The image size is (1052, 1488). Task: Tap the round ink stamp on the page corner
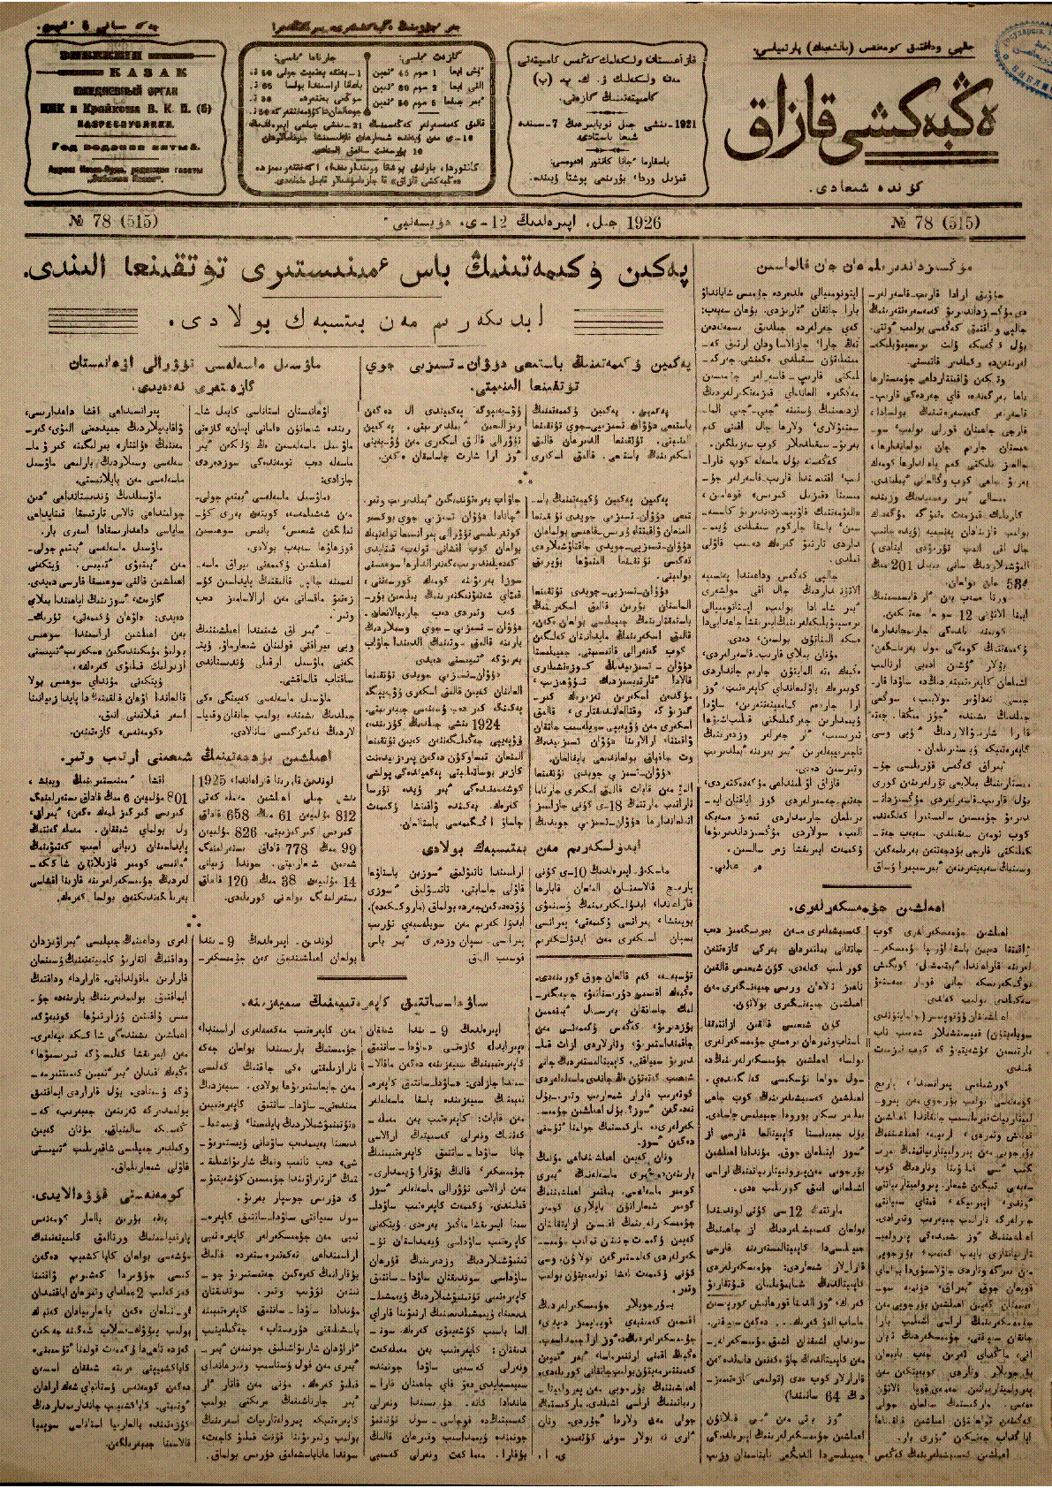pos(1025,53)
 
